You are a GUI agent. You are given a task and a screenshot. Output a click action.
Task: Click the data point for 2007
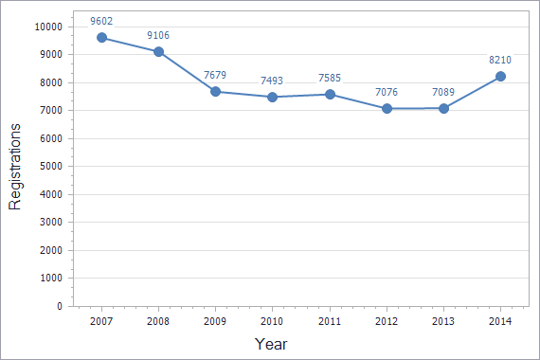click(101, 38)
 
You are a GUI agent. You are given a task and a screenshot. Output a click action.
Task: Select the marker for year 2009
click(216, 92)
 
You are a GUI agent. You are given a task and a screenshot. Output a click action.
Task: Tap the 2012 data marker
click(387, 108)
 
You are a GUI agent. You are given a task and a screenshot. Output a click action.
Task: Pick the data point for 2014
click(500, 77)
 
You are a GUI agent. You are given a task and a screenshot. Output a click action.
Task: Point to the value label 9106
click(158, 36)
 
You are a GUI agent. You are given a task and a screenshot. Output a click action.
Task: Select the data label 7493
click(272, 81)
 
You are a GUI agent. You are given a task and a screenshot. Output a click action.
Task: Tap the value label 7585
click(330, 78)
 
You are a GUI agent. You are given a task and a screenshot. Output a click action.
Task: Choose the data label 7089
click(443, 91)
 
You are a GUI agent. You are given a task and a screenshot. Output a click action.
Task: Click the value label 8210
click(500, 59)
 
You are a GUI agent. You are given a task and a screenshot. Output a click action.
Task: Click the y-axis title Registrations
click(15, 167)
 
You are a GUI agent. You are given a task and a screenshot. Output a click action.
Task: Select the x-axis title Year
click(271, 344)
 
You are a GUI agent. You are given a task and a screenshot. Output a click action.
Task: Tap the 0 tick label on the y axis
click(59, 306)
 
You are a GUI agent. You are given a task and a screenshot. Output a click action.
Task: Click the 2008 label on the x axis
click(158, 321)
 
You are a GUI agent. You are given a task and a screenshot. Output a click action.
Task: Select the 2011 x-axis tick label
click(330, 321)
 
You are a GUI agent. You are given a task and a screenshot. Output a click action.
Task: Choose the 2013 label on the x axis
click(443, 321)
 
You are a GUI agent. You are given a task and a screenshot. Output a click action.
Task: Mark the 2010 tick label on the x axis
click(272, 321)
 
